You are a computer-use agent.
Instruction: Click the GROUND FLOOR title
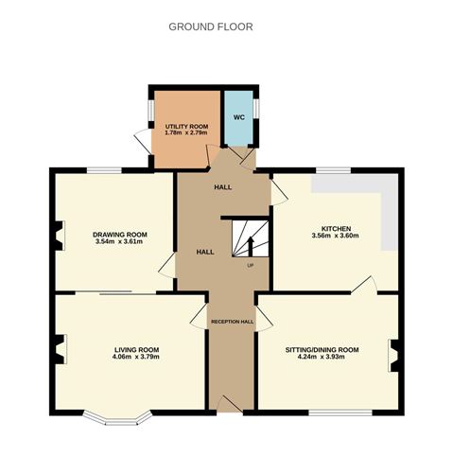pos(210,26)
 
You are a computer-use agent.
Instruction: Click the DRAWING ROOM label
pos(119,234)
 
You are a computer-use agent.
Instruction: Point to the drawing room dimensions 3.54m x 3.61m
pos(119,242)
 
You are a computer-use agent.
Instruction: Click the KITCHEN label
pos(336,229)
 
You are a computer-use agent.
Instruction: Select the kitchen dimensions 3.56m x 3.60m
pos(336,237)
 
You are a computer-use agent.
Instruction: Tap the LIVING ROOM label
pos(127,349)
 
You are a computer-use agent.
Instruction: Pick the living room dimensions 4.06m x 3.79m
pos(127,358)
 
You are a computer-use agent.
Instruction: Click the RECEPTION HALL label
pos(232,322)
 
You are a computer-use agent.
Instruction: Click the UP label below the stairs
pos(250,265)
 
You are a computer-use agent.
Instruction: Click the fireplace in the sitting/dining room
pos(395,352)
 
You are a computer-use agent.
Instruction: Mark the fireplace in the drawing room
pos(59,235)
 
